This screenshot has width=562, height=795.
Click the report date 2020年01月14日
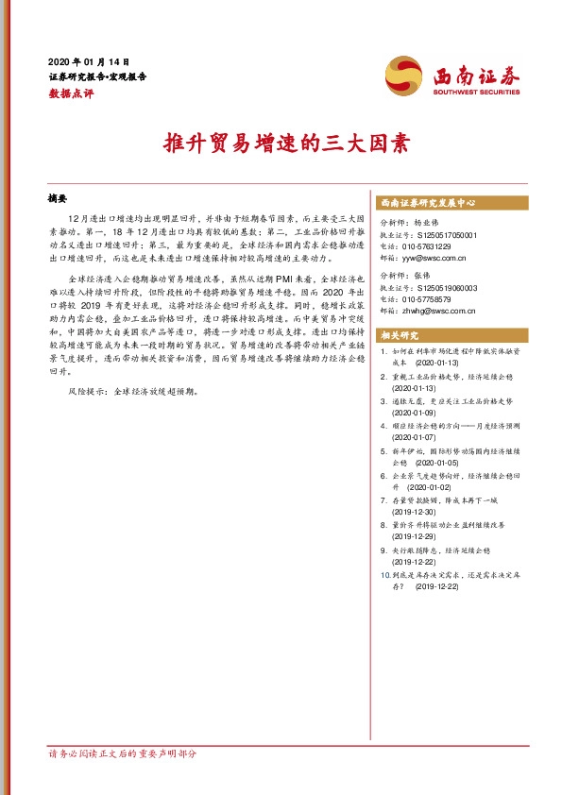[x=89, y=60]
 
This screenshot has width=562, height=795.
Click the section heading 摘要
[x=59, y=199]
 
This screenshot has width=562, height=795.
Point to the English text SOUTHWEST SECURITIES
[x=476, y=93]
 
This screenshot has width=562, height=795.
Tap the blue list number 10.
[x=383, y=574]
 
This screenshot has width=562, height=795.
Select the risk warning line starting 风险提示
[x=133, y=389]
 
